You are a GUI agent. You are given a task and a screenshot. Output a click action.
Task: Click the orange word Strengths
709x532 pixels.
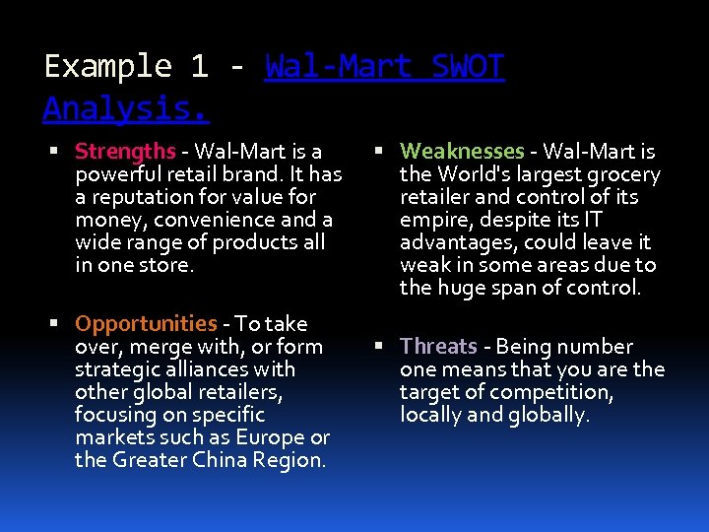pyautogui.click(x=125, y=152)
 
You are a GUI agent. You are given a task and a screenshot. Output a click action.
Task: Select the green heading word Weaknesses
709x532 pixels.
pyautogui.click(x=462, y=152)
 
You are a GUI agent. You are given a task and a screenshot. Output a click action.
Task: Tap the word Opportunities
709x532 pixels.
pyautogui.click(x=146, y=324)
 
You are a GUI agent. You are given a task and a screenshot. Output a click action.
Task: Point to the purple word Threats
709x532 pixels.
pyautogui.click(x=438, y=347)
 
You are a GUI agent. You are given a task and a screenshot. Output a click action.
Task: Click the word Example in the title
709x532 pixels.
pyautogui.click(x=107, y=67)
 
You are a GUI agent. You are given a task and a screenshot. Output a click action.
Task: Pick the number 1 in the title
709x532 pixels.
pyautogui.click(x=199, y=67)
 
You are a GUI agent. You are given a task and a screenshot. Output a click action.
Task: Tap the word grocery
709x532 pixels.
pyautogui.click(x=625, y=174)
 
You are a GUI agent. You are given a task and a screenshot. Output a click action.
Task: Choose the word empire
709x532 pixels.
pyautogui.click(x=432, y=220)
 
